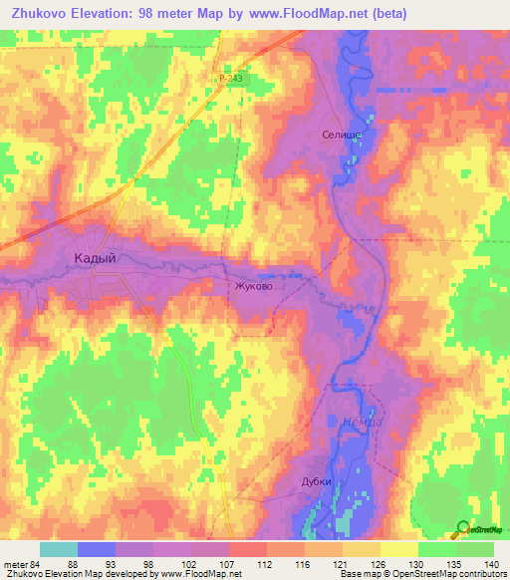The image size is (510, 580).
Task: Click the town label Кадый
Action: tap(97, 257)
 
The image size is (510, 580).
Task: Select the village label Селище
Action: tap(340, 135)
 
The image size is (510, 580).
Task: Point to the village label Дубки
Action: tap(316, 481)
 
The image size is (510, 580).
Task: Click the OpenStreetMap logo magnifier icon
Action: tap(463, 528)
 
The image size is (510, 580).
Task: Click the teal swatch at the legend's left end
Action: tap(58, 549)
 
